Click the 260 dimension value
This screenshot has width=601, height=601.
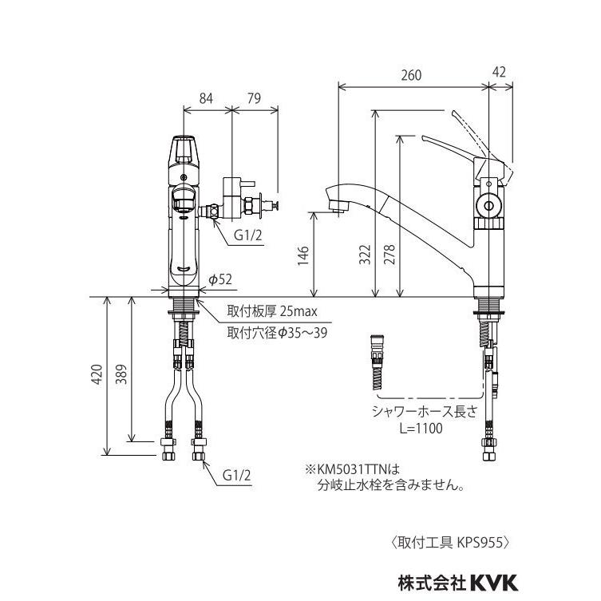[x=411, y=75]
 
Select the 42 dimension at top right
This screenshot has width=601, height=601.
[x=499, y=72]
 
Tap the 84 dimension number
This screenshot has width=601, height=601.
[x=206, y=98]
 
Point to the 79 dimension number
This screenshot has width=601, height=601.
[x=254, y=98]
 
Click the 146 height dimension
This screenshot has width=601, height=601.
[x=303, y=255]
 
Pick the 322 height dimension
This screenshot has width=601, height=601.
[x=365, y=255]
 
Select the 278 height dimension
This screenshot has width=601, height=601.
[x=389, y=255]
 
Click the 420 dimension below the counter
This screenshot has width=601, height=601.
[x=97, y=374]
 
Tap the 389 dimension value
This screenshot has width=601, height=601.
[x=121, y=374]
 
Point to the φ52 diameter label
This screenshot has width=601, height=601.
[x=220, y=279]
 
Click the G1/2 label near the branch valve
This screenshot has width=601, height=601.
[x=248, y=235]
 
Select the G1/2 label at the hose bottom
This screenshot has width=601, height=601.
[x=237, y=476]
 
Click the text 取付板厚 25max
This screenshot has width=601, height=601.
[x=272, y=311]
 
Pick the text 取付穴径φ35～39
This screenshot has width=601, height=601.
[x=277, y=333]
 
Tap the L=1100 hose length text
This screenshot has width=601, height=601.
[x=421, y=428]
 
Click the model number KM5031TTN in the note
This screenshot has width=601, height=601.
[x=353, y=469]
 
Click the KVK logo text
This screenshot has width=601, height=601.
[x=494, y=583]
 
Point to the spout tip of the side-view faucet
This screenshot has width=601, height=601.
[x=338, y=210]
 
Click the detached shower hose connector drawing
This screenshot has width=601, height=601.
[x=378, y=362]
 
